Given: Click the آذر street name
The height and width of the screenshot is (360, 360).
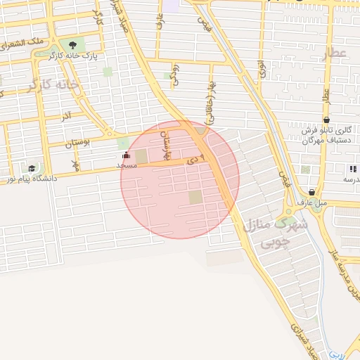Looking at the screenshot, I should [x=66, y=115].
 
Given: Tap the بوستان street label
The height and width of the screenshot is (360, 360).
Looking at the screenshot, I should [x=78, y=143].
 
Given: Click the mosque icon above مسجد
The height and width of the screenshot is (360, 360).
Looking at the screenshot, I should [x=126, y=155].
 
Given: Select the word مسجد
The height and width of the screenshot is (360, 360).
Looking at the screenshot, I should [x=126, y=165].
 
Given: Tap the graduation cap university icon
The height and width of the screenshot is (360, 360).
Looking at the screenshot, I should [x=32, y=169].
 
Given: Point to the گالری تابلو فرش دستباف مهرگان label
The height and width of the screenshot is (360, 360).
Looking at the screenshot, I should [x=326, y=136].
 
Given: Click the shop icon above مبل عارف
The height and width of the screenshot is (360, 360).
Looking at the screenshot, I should [x=311, y=193].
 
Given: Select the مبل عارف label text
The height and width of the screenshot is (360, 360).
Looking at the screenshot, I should [x=312, y=202].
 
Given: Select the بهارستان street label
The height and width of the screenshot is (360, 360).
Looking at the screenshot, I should [x=167, y=144].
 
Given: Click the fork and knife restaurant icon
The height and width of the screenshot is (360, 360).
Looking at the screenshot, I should [x=352, y=169].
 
